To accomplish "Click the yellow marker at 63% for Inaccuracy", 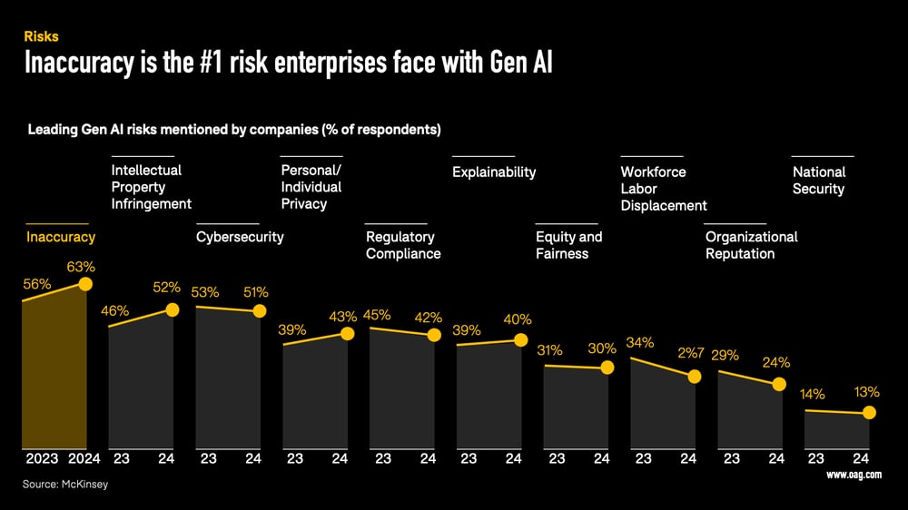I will tap(85, 284).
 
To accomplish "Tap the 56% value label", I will tap(37, 284).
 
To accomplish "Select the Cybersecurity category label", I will tap(240, 237).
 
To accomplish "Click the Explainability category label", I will tap(494, 172).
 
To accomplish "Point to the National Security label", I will tap(819, 181).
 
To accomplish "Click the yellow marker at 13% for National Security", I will tap(869, 413).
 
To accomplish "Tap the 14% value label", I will tap(813, 395).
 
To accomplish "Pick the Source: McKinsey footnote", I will tap(65, 485).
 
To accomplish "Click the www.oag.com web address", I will tap(854, 475).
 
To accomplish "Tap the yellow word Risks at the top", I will tap(41, 37).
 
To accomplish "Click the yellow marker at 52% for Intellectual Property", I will tap(173, 309).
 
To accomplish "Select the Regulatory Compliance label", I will tap(403, 245).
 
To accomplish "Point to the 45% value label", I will tap(377, 316).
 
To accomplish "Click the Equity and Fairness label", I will tap(568, 245).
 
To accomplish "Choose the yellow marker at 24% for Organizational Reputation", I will tap(778, 384).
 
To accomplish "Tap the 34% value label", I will tap(640, 343).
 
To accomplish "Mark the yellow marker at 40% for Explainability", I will tap(520, 340).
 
